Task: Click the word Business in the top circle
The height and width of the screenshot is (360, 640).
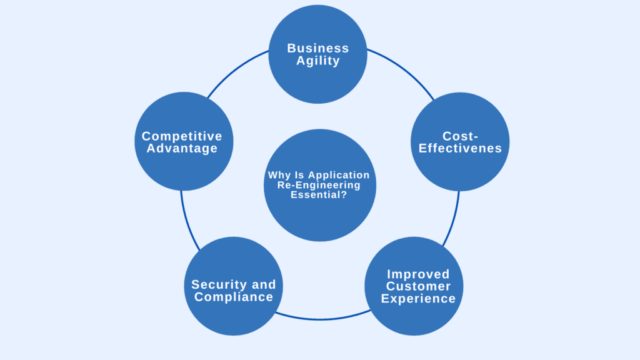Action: tap(317, 48)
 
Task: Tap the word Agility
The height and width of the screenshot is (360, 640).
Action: tap(317, 61)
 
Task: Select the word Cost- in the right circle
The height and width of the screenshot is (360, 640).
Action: tap(460, 136)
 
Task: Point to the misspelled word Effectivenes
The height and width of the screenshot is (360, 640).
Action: tap(460, 148)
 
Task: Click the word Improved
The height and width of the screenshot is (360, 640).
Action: tap(418, 274)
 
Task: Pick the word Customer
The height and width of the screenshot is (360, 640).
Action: tap(418, 286)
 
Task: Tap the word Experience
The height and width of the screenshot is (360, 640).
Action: tap(418, 299)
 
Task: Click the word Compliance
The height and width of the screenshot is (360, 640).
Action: tap(234, 297)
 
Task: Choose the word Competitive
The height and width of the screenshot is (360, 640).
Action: tap(182, 136)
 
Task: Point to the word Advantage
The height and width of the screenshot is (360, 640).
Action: tap(182, 149)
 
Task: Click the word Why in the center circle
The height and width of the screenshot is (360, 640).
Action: tap(279, 176)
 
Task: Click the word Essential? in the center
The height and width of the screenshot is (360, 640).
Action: tap(319, 194)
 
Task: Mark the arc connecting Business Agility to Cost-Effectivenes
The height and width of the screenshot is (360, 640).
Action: tap(403, 68)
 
